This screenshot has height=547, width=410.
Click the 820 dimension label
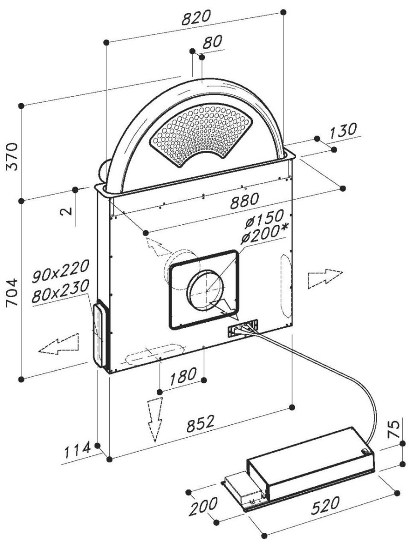196,18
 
